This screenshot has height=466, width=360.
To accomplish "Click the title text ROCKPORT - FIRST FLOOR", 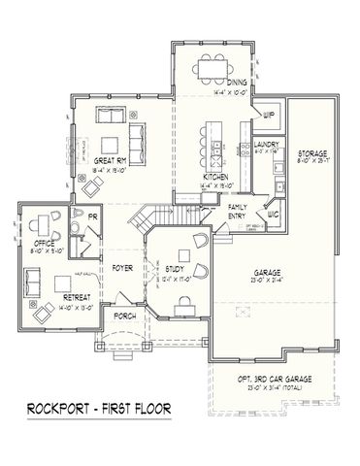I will point(98,407).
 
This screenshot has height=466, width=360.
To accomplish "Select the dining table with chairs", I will point(211,66).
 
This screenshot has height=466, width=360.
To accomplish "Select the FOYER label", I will point(122,265).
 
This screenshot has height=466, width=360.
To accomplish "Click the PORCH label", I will point(124,316).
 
